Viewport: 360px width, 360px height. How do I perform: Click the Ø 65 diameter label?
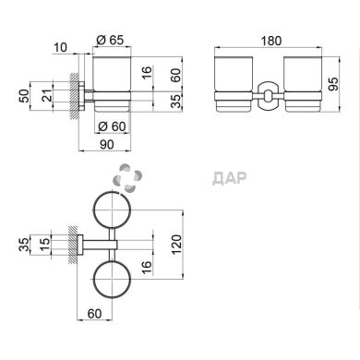110,40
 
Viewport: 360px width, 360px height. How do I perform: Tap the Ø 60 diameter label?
112,126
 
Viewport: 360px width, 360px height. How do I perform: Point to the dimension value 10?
60,48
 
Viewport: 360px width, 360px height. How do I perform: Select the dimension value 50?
25,96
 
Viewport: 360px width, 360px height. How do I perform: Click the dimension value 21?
47,96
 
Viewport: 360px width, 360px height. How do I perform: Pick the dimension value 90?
107,144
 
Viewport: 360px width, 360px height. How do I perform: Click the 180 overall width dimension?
271,41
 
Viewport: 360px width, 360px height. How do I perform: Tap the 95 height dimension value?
333,84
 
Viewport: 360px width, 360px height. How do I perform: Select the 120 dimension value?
177,245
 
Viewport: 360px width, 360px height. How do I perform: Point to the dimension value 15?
45,245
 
